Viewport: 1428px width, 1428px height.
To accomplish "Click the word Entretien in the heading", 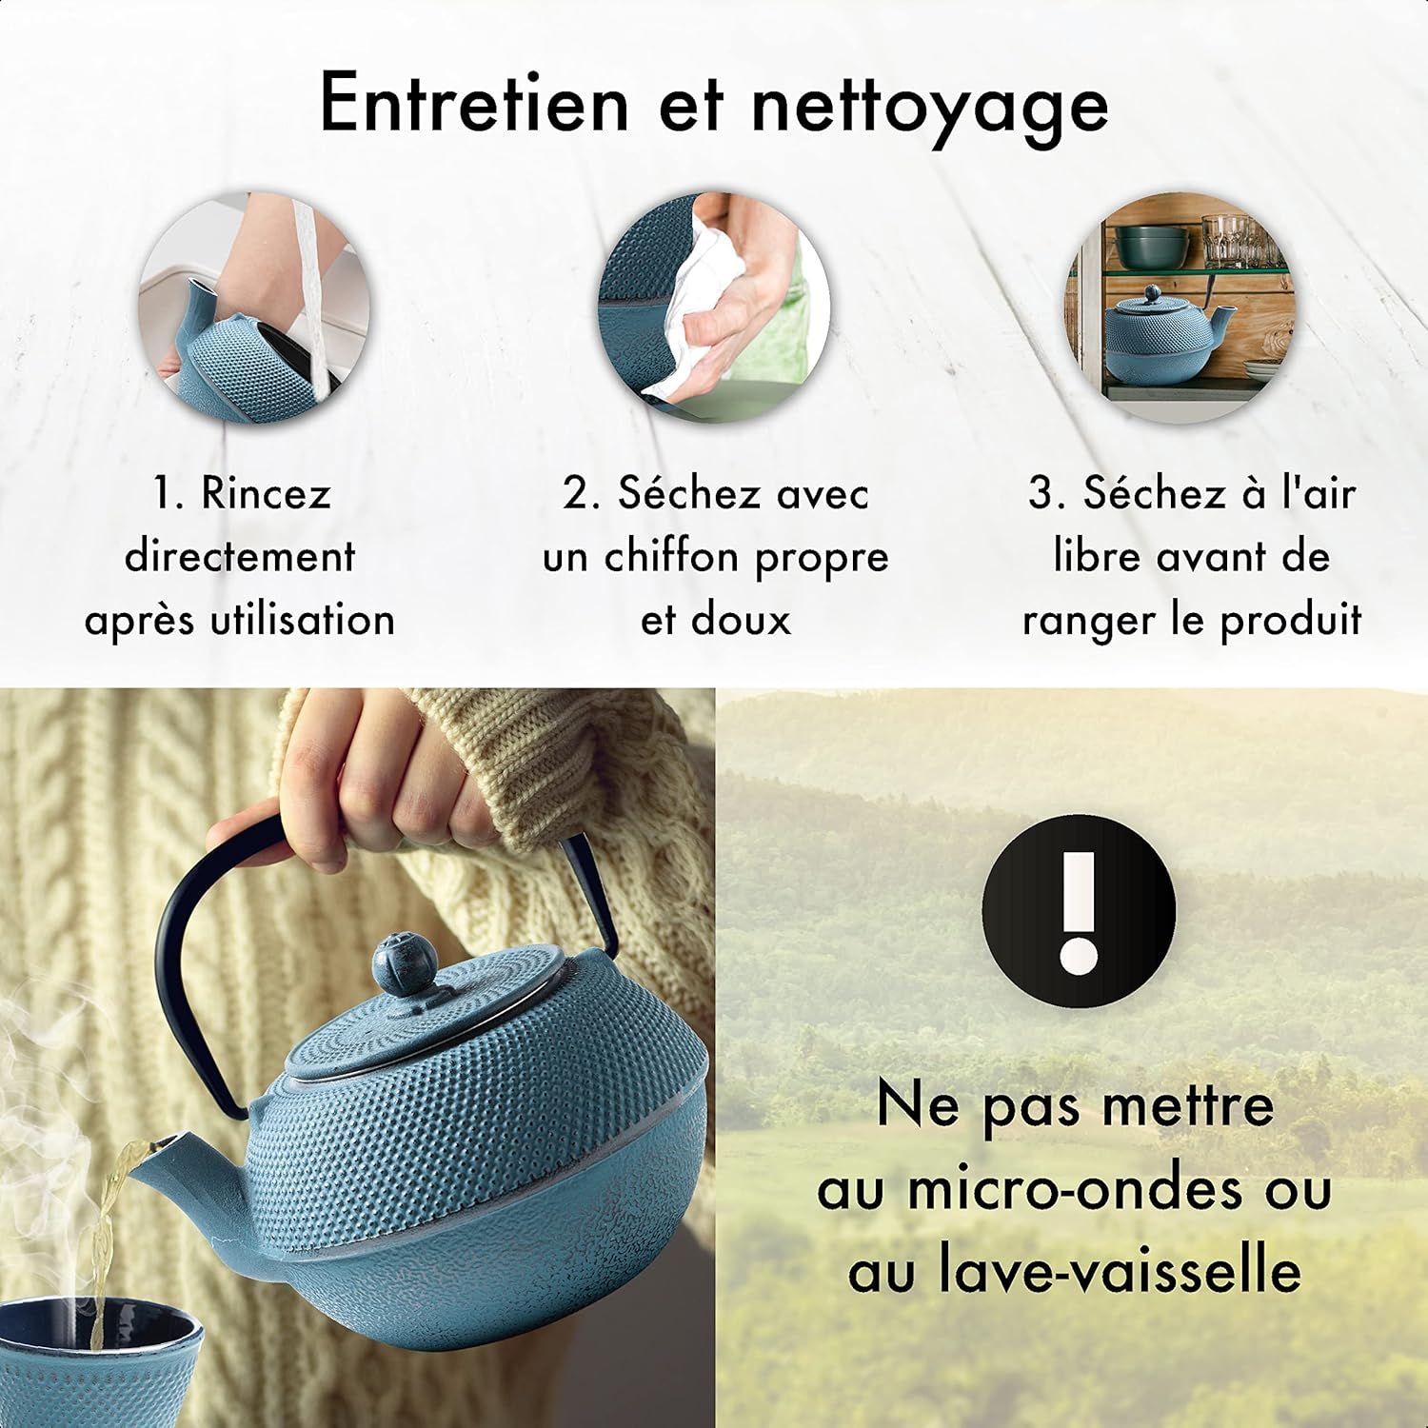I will (473, 103).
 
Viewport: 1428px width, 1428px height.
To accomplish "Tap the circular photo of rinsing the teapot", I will (253, 307).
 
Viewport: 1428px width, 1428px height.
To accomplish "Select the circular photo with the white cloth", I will (714, 307).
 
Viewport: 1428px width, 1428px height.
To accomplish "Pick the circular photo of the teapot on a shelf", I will (1179, 307).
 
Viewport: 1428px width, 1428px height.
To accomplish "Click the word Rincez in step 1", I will (266, 494).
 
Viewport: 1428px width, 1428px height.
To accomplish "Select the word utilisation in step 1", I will (302, 620).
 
